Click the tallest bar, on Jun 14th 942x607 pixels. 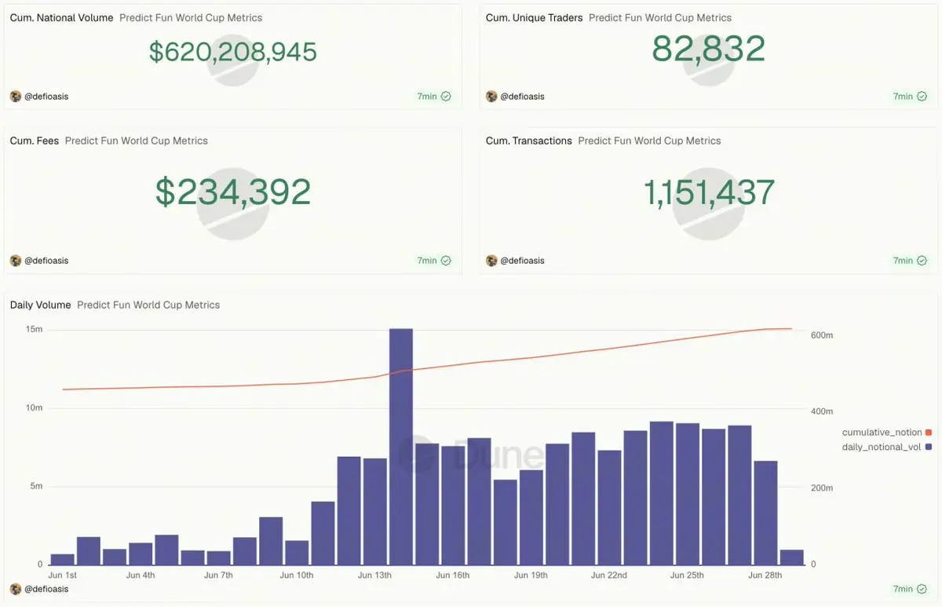pos(401,447)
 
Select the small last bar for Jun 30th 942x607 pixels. pos(791,558)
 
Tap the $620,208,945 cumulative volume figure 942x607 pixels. pos(233,52)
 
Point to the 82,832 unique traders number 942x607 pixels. pos(708,49)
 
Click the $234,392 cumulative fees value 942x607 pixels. pos(233,192)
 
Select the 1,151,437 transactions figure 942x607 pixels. pos(709,192)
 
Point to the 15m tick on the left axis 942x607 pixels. pos(34,329)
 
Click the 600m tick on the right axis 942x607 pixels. pos(822,335)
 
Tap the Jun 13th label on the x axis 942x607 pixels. pos(374,575)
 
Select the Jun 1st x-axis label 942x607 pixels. pos(62,575)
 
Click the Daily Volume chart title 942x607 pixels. pos(40,305)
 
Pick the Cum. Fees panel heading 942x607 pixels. pos(35,141)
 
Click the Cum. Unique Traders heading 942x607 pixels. pos(534,17)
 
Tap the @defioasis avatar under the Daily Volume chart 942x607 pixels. pos(16,589)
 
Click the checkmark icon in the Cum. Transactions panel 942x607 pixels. pos(922,261)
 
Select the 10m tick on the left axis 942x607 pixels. pos(34,408)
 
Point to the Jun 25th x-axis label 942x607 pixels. pos(687,575)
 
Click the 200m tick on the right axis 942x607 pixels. pos(822,488)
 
